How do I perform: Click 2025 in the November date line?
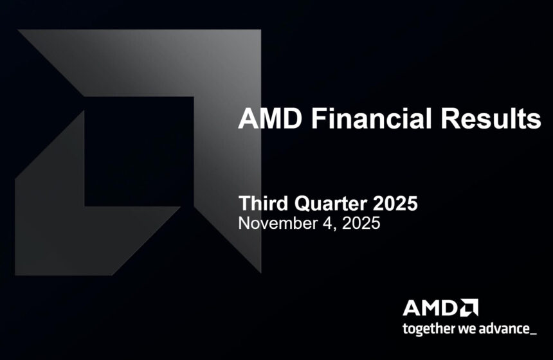(358, 224)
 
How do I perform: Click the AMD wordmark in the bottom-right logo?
(430, 308)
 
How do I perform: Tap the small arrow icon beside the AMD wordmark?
(469, 308)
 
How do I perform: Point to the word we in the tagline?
(465, 330)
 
